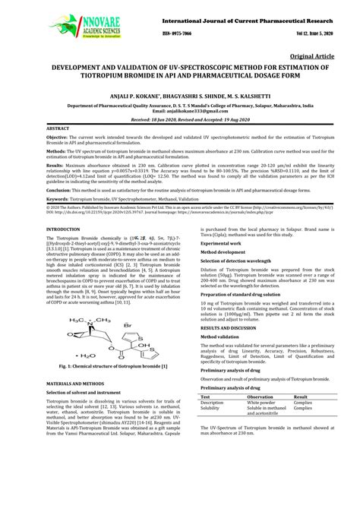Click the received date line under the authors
pyautogui.click(x=179, y=120)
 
